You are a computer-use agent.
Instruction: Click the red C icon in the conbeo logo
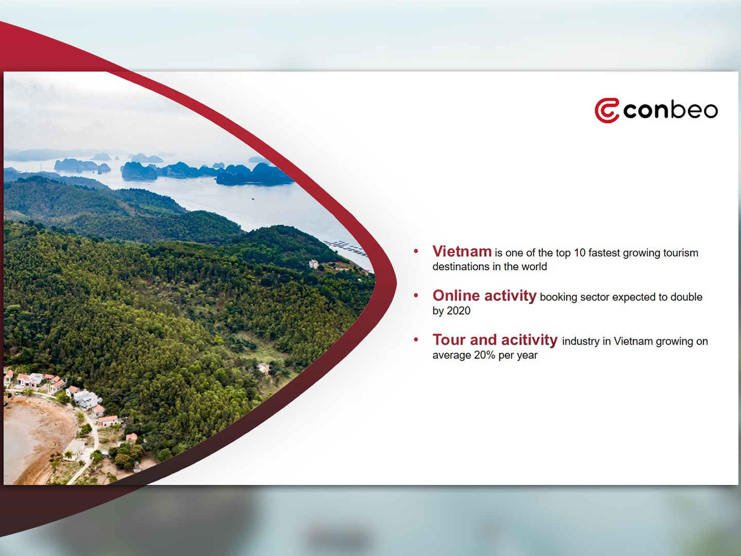click(606, 111)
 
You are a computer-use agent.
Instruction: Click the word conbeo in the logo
click(671, 110)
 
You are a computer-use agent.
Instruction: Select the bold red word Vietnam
click(462, 252)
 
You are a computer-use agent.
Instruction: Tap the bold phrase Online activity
click(484, 296)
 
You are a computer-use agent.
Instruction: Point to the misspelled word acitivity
click(530, 340)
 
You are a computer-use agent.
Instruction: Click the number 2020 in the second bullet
click(458, 310)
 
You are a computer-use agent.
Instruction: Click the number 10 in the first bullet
click(579, 253)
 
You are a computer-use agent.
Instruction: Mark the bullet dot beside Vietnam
click(416, 251)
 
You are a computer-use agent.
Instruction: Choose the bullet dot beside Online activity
click(416, 296)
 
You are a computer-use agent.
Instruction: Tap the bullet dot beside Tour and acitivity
click(416, 340)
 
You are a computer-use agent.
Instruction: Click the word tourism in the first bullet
click(680, 253)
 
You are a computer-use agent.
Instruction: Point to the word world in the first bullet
click(534, 267)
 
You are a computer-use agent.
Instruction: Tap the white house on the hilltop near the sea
click(313, 264)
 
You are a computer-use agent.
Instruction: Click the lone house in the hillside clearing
click(264, 368)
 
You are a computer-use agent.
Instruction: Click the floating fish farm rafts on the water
click(344, 248)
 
